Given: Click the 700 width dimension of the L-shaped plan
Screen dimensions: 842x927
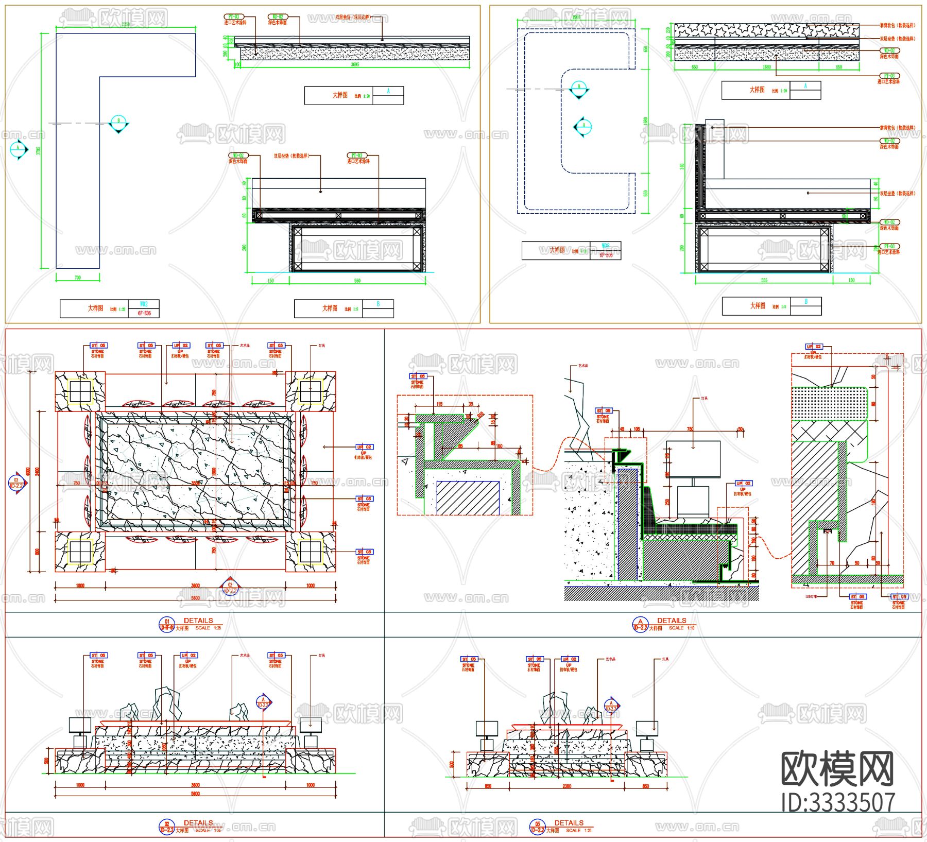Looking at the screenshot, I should tap(78, 278).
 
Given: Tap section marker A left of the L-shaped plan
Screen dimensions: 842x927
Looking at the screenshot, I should tap(19, 149).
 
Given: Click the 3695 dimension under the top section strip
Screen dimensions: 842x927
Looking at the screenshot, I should tap(355, 65).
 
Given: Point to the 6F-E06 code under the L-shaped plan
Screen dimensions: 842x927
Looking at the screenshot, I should tap(144, 313).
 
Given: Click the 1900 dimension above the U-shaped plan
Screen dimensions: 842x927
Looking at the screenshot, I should tap(576, 17).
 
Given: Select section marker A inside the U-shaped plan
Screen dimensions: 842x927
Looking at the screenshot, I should tap(583, 126).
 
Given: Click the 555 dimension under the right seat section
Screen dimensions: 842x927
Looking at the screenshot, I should tap(764, 280).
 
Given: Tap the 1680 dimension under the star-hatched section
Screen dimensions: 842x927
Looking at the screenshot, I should tap(767, 67).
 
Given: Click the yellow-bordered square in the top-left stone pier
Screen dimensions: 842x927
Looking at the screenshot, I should tap(80, 391).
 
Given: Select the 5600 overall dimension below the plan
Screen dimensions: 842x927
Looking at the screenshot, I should tap(195, 598).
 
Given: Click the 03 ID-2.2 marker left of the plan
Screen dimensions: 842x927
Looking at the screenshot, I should tap(16, 483).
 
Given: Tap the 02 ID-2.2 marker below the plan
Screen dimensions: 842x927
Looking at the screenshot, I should tap(230, 588).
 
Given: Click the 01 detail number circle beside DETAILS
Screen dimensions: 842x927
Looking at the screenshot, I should tap(166, 624).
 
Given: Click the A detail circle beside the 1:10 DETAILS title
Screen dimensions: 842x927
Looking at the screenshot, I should tap(640, 624).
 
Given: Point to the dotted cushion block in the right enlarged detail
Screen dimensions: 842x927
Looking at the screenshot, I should tap(829, 404).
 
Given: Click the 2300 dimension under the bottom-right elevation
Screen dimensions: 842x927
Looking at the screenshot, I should tap(566, 786).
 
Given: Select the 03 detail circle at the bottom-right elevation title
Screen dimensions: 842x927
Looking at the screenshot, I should tap(537, 827).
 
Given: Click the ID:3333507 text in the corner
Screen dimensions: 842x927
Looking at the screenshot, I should tap(838, 802).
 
